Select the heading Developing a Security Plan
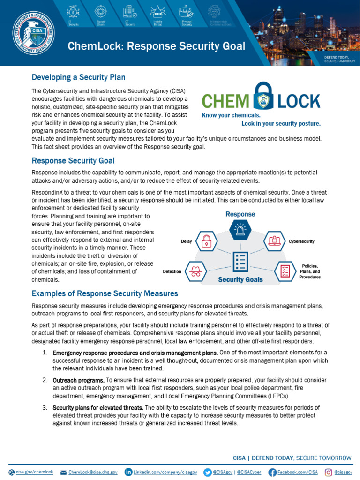78,77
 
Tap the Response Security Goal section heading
73,161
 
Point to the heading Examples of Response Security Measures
105,293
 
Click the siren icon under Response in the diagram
240,230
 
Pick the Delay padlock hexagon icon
206,241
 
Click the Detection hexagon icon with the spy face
195,271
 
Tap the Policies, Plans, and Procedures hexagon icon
285,270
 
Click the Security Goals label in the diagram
240,279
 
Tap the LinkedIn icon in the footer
128,472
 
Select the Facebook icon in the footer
272,472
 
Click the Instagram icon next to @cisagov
329,472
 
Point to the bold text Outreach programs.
78,380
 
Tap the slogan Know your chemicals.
231,115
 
